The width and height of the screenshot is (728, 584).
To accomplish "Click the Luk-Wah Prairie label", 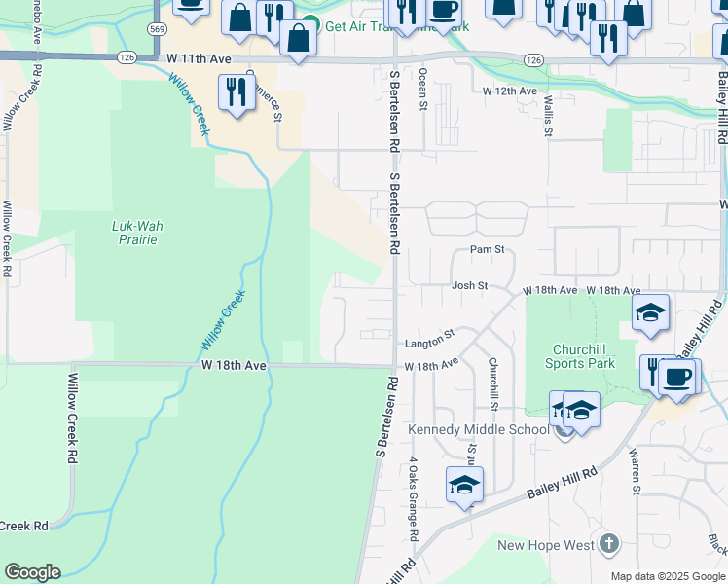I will [136, 233].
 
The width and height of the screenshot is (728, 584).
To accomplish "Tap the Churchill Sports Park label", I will [584, 356].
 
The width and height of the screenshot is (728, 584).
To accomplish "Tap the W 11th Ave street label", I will [198, 59].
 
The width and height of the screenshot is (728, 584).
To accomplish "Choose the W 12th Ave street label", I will [510, 91].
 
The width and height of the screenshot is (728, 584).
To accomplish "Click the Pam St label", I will [487, 250].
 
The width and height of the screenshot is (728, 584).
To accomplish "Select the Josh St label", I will [468, 286].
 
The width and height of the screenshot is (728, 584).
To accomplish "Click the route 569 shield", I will [158, 30].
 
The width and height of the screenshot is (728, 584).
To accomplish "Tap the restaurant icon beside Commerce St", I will [237, 92].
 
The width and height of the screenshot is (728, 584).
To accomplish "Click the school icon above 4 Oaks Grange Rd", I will [464, 484].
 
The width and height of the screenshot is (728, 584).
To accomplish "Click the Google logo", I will [32, 572].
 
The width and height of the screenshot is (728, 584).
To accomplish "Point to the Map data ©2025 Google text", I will [669, 576].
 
